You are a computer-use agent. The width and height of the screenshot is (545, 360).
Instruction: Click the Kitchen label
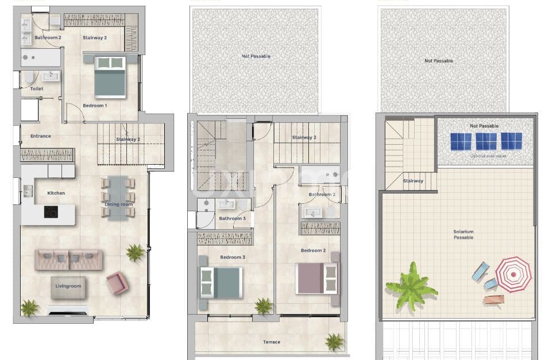tap(56, 193)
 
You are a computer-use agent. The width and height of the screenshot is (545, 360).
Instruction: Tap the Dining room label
tap(118, 204)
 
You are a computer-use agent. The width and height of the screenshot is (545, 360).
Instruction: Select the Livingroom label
tap(68, 286)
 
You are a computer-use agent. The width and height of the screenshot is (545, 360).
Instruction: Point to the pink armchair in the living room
tap(117, 282)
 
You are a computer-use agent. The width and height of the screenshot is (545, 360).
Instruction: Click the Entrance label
tap(41, 136)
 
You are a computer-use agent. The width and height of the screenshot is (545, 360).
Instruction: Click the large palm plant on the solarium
tap(411, 285)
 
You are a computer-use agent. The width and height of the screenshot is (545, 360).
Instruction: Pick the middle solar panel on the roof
tap(486, 141)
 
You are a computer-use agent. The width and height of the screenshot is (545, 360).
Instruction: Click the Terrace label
tap(272, 342)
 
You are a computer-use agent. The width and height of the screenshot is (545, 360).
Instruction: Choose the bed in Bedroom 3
tap(220, 283)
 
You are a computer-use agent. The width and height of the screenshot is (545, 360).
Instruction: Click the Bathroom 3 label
tap(233, 219)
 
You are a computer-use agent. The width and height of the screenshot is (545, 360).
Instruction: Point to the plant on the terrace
tap(334, 342)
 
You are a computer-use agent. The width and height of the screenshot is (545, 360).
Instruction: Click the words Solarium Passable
tap(463, 234)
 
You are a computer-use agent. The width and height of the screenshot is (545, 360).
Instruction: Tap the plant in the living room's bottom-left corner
tap(29, 308)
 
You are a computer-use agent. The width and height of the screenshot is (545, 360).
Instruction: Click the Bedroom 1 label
tap(95, 106)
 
